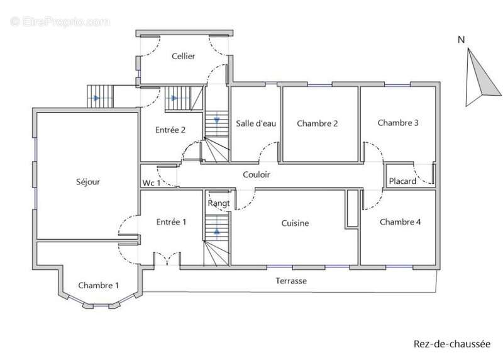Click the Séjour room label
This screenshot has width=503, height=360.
click(x=88, y=182)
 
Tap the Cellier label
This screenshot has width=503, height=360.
click(x=183, y=56)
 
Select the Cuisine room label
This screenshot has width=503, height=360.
click(x=295, y=223)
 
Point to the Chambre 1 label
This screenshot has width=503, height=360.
click(x=99, y=285)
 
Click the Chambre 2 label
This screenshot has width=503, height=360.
click(x=318, y=123)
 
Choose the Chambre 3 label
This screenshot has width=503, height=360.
click(x=398, y=123)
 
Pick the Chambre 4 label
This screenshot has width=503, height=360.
click(x=400, y=222)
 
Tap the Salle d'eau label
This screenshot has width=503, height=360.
click(x=256, y=123)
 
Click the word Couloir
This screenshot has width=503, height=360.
click(x=257, y=174)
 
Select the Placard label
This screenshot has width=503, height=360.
click(x=402, y=181)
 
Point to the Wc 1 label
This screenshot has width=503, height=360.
click(x=151, y=183)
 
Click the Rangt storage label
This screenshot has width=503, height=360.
click(x=219, y=203)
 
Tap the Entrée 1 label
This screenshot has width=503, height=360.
click(x=171, y=222)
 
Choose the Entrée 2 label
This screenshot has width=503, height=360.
click(x=170, y=130)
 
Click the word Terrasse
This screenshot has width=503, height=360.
click(x=291, y=281)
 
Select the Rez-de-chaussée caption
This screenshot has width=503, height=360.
click(x=451, y=344)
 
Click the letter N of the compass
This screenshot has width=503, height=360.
click(x=461, y=40)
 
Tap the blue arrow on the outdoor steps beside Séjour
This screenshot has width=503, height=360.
click(x=96, y=98)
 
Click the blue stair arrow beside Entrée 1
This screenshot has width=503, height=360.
click(x=217, y=230)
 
